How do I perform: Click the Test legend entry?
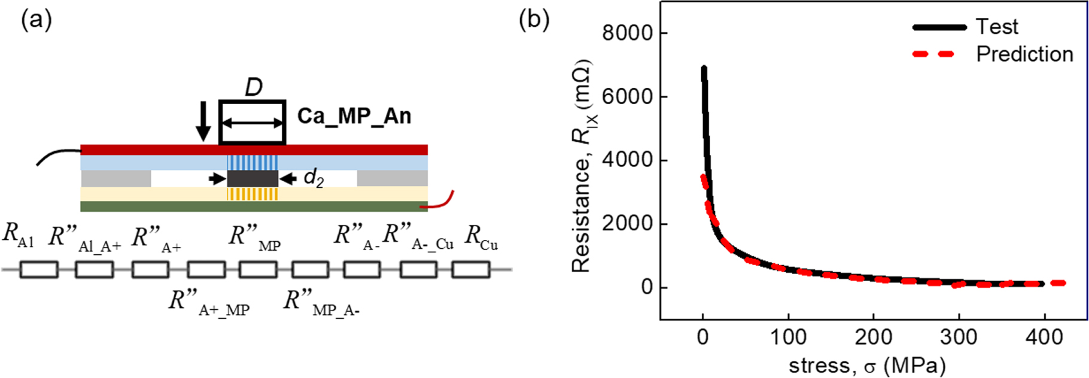click(996, 27)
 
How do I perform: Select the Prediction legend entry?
click(1024, 54)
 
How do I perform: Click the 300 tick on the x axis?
click(959, 337)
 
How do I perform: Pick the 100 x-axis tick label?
click(788, 337)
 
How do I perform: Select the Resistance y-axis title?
click(581, 166)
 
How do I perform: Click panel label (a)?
click(36, 20)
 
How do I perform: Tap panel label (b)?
click(534, 20)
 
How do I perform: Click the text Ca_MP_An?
click(354, 116)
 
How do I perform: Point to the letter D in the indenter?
click(254, 88)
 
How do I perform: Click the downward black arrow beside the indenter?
click(203, 121)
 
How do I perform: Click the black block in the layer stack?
click(253, 178)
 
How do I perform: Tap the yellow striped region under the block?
click(253, 194)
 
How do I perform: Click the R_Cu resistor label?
click(480, 237)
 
